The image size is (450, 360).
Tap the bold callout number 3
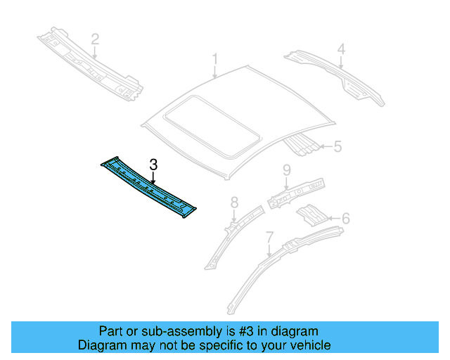point(153,165)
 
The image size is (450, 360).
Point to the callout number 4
point(340,49)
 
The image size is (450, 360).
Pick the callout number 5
point(337,147)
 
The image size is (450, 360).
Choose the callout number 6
point(345,218)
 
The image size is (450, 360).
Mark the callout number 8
point(235,203)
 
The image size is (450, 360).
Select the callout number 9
point(287,169)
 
